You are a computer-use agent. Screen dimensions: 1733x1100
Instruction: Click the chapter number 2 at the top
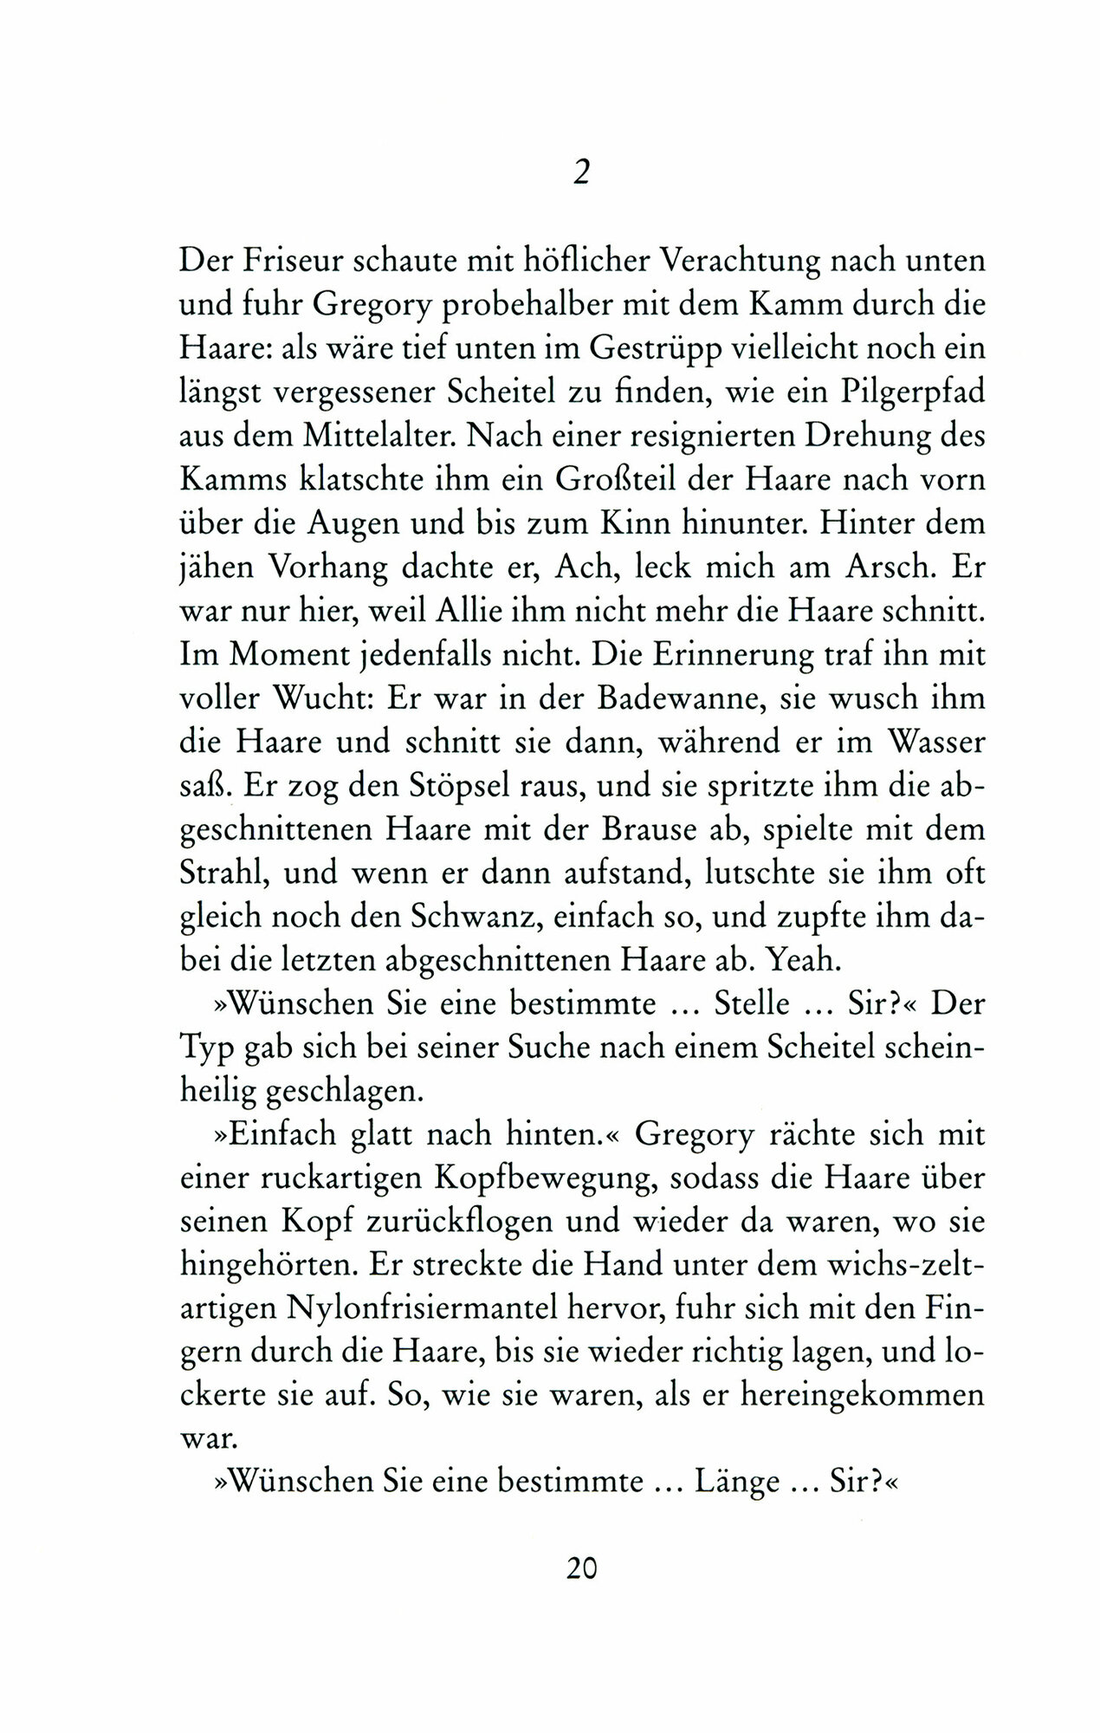[581, 173]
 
